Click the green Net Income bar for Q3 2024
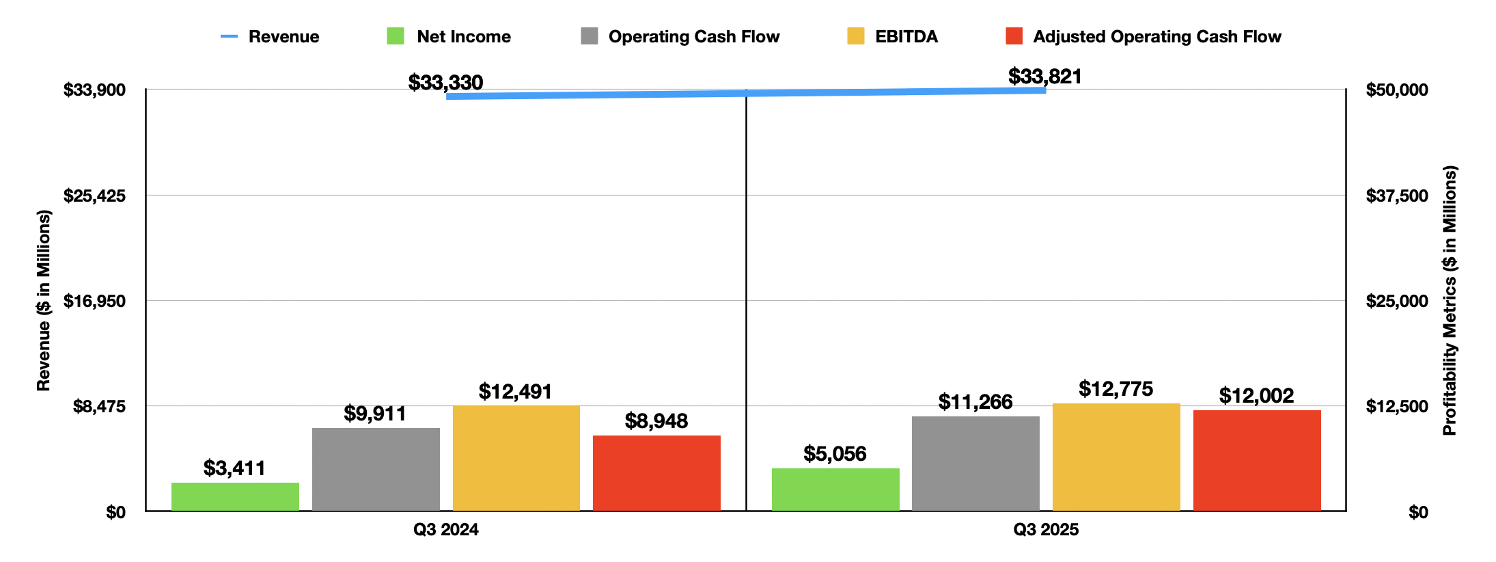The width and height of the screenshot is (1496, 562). pyautogui.click(x=235, y=496)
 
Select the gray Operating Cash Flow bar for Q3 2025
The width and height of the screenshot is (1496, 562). pyautogui.click(x=975, y=463)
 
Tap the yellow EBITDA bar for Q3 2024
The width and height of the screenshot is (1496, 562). pyautogui.click(x=516, y=457)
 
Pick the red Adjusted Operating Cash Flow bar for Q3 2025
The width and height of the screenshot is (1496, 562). pyautogui.click(x=1257, y=460)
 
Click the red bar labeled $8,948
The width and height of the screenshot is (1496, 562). pyautogui.click(x=656, y=472)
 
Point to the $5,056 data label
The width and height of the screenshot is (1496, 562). pyautogui.click(x=835, y=454)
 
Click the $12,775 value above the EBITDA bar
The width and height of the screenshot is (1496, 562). pyautogui.click(x=1116, y=389)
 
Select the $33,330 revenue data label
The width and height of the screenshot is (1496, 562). pyautogui.click(x=445, y=83)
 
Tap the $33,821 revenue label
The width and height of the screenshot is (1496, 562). pyautogui.click(x=1045, y=77)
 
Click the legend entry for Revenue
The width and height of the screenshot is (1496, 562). pyautogui.click(x=271, y=37)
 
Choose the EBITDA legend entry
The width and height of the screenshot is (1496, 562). pyautogui.click(x=893, y=37)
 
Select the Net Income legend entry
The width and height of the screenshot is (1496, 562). pyautogui.click(x=449, y=37)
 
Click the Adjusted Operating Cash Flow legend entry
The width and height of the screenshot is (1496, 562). pyautogui.click(x=1144, y=37)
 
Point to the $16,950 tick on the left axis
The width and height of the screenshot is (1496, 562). pyautogui.click(x=94, y=301)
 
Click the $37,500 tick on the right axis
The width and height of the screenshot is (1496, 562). pyautogui.click(x=1397, y=196)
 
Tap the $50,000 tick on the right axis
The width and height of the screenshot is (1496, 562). pyautogui.click(x=1397, y=90)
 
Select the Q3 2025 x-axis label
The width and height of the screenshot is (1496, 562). pyautogui.click(x=1046, y=530)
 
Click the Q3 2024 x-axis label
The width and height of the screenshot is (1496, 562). pyautogui.click(x=446, y=530)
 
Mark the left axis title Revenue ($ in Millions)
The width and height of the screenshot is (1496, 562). pyautogui.click(x=44, y=301)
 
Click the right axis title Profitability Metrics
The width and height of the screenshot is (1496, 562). pyautogui.click(x=1450, y=301)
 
